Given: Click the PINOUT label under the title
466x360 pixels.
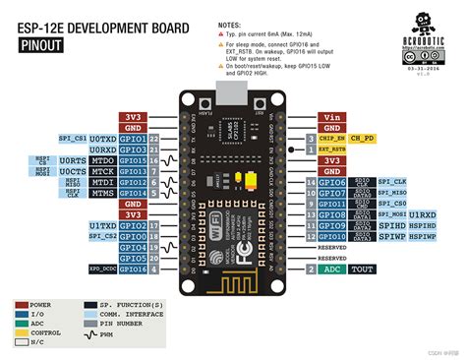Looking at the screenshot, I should [x=40, y=44].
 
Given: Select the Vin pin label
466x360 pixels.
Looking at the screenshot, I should [x=333, y=116].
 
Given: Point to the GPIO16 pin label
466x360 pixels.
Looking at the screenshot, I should [x=133, y=269].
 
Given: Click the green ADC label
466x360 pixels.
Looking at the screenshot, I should [x=333, y=269].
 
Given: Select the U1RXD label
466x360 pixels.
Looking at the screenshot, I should [x=423, y=214].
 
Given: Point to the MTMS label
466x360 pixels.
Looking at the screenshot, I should [x=102, y=193].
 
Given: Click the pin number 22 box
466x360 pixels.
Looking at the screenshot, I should [x=154, y=139].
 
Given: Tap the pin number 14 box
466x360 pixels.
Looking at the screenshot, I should [x=311, y=182].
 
